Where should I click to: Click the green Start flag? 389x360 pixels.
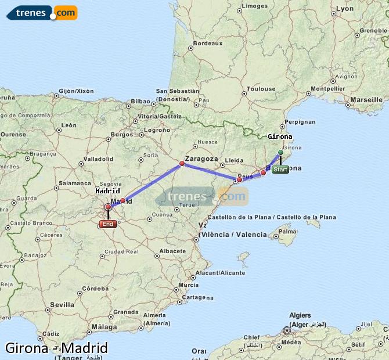[x=280, y=170]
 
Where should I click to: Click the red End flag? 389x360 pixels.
[x=107, y=224]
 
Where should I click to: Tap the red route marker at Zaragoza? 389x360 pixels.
[x=182, y=164]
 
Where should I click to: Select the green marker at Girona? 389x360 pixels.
[x=280, y=153]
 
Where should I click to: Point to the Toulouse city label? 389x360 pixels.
[x=261, y=89]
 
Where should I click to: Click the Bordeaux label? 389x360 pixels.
[x=208, y=43]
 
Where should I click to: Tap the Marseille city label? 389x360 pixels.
[x=366, y=100]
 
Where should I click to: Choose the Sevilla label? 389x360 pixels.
[x=62, y=304]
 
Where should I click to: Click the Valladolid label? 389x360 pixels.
[x=98, y=159]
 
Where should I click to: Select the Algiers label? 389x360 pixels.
[x=300, y=315]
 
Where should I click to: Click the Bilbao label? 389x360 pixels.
[x=141, y=101]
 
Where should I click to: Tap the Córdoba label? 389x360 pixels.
[x=95, y=288]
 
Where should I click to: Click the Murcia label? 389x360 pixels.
[x=189, y=285]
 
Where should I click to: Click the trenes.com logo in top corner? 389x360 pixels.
[x=42, y=12]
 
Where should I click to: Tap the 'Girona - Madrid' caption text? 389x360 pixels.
[x=56, y=348]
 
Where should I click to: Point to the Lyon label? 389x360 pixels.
[x=345, y=9]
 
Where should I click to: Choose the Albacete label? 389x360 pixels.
[x=172, y=251]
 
